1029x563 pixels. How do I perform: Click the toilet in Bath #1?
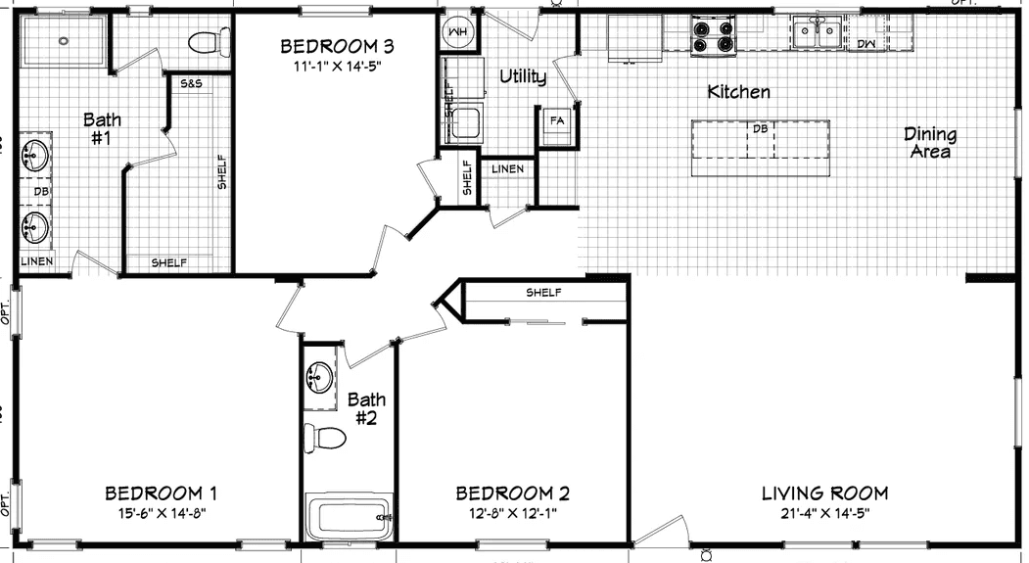204,43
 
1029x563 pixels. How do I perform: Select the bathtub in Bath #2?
349,516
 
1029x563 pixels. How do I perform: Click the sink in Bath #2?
319,375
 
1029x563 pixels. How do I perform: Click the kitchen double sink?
817,33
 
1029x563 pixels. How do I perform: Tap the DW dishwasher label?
866,44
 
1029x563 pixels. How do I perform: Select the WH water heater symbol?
458,33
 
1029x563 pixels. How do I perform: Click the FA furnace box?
557,120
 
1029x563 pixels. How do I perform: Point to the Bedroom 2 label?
512,493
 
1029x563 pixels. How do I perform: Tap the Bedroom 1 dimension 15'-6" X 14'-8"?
161,512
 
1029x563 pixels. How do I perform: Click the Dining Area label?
929,143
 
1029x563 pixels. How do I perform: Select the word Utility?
523,76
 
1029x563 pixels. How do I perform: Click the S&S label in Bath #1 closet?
191,84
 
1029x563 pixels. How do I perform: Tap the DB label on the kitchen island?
760,128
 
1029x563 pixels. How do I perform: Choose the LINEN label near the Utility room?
508,168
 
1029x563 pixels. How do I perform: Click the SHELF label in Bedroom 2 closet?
543,293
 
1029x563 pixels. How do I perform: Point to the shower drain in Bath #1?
64,41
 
